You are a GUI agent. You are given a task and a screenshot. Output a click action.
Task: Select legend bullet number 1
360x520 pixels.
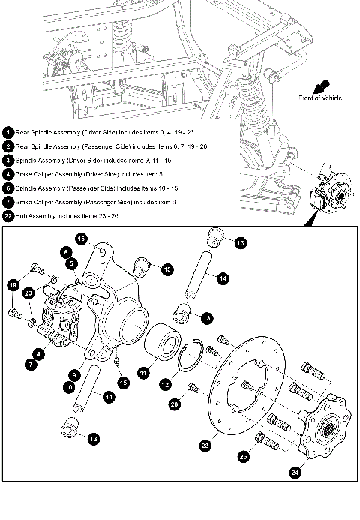pyautogui.click(x=7, y=131)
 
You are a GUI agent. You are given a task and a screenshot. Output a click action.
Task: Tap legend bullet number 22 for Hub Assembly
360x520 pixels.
pyautogui.click(x=7, y=216)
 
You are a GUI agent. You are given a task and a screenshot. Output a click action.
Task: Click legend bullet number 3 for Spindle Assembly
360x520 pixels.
pyautogui.click(x=7, y=160)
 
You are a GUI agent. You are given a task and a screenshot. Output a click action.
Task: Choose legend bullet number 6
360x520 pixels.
pyautogui.click(x=7, y=188)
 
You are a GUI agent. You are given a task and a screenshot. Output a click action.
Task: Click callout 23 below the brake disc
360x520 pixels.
pyautogui.click(x=204, y=445)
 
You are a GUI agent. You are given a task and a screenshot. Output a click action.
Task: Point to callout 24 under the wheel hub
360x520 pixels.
pyautogui.click(x=294, y=473)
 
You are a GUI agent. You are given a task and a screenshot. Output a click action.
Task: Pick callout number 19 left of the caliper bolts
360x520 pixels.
pyautogui.click(x=13, y=284)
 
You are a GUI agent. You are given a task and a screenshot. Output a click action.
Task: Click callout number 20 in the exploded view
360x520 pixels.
pyautogui.click(x=28, y=293)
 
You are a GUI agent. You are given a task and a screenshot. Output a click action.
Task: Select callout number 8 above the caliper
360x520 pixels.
pyautogui.click(x=66, y=252)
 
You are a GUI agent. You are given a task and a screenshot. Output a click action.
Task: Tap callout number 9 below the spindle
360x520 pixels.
pyautogui.click(x=74, y=373)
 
